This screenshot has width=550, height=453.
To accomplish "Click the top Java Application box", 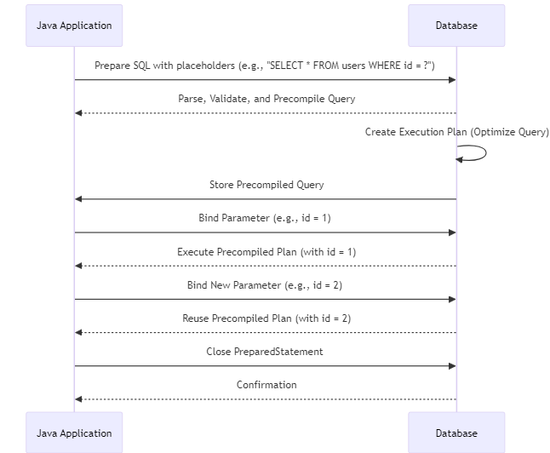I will pyautogui.click(x=74, y=26).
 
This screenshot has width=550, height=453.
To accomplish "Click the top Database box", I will pyautogui.click(x=456, y=26).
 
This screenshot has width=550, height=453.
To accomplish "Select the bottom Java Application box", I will pyautogui.click(x=74, y=433).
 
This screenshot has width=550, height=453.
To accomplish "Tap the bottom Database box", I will pyautogui.click(x=456, y=433).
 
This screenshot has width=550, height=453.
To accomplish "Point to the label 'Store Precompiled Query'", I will pyautogui.click(x=266, y=185).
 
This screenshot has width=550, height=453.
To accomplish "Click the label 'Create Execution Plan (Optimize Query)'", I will pyautogui.click(x=457, y=132).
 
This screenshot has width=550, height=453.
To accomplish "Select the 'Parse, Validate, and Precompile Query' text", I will pyautogui.click(x=266, y=99).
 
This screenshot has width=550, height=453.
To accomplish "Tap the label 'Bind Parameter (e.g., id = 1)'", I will pyautogui.click(x=265, y=218).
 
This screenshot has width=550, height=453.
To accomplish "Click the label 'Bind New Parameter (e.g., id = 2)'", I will pyautogui.click(x=265, y=285).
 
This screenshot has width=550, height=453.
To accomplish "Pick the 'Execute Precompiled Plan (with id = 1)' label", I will pyautogui.click(x=266, y=252).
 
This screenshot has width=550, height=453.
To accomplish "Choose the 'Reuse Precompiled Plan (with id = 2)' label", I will pyautogui.click(x=266, y=318).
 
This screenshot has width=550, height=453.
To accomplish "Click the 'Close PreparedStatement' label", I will pyautogui.click(x=265, y=352).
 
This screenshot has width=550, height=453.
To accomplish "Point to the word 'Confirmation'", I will pyautogui.click(x=266, y=385).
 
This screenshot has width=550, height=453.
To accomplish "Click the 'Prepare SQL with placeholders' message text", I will pyautogui.click(x=265, y=66).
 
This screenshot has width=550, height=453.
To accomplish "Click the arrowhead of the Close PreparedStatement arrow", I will pyautogui.click(x=452, y=366).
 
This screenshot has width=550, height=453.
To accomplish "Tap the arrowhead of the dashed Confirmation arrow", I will pyautogui.click(x=79, y=399).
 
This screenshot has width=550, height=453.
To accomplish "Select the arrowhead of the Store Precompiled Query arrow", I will pyautogui.click(x=79, y=199).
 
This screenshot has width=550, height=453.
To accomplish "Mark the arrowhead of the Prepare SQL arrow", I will pyautogui.click(x=452, y=80).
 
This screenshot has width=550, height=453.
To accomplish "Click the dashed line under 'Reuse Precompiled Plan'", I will pyautogui.click(x=266, y=332).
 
